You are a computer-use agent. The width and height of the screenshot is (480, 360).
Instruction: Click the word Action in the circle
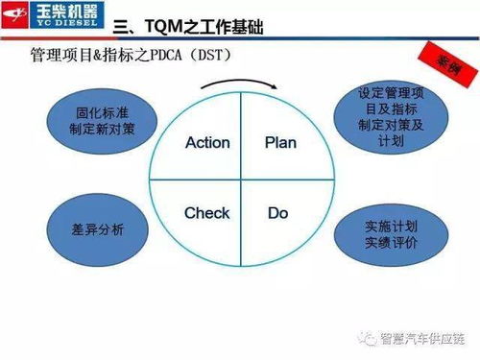(x=207, y=142)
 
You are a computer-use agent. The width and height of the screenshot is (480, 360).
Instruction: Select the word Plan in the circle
(x=280, y=142)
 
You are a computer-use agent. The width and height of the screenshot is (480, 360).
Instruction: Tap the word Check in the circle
(x=206, y=212)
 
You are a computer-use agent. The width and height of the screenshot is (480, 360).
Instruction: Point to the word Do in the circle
(x=278, y=212)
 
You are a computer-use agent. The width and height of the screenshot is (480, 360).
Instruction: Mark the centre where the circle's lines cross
(x=242, y=178)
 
